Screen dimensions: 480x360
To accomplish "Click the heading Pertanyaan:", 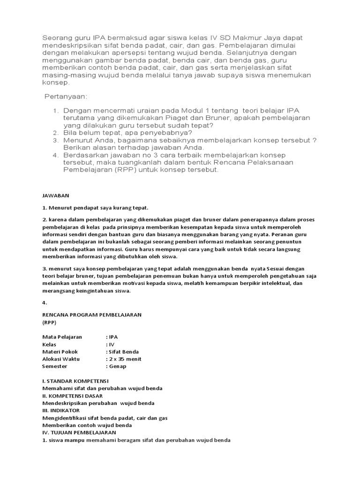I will coord(66,97).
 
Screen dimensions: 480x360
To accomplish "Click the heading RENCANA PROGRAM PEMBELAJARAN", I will coord(92,314).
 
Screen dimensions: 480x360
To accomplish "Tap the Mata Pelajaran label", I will coord(62,337).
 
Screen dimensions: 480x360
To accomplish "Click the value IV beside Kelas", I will coord(112,345).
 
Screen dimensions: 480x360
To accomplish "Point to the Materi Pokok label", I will coord(60,352).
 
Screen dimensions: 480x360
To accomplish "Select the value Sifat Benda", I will coord(124,352).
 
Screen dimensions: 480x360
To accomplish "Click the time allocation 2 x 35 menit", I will coord(125,359).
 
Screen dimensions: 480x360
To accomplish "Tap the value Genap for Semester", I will coord(118,366).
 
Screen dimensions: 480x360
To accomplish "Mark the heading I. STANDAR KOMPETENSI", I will coord(75,381).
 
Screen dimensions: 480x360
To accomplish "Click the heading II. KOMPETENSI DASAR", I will coord(72,396).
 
